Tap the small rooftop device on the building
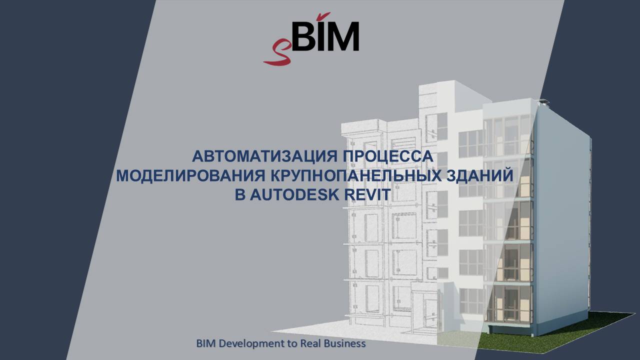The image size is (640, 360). coord(540,102)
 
